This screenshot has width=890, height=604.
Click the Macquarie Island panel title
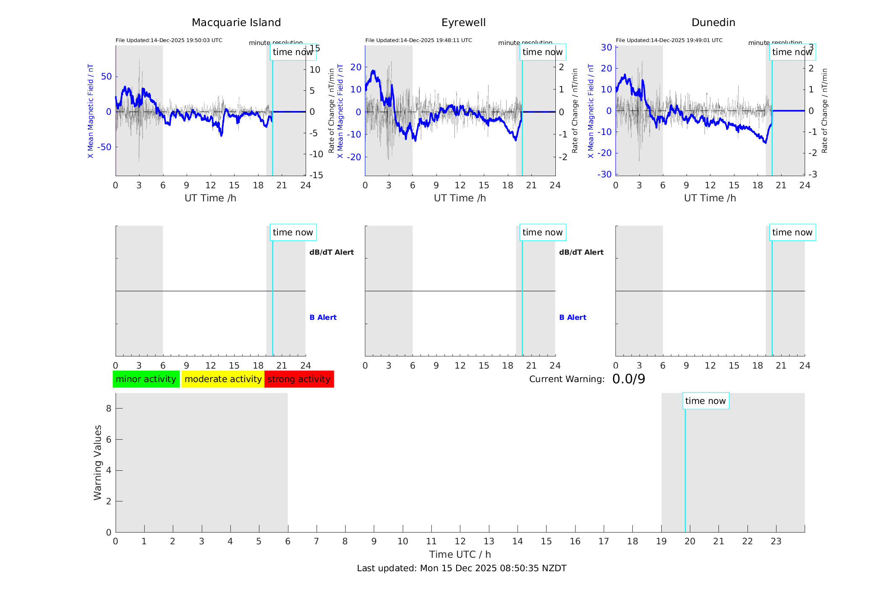coord(236,23)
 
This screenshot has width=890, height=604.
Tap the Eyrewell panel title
coord(463,23)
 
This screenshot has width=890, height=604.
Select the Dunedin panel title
coord(713,23)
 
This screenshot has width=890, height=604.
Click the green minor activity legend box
coord(146,379)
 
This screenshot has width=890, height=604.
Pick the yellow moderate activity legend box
coord(223,379)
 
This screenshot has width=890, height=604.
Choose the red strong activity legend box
coord(299,379)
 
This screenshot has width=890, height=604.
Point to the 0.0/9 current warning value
coord(629,379)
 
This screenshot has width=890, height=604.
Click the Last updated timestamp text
coord(462,568)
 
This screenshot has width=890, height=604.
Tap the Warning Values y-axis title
coord(98,462)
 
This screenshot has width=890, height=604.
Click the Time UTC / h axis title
coord(460,554)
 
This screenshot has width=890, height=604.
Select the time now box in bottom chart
coord(705,401)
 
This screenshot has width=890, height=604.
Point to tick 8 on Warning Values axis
coord(108,408)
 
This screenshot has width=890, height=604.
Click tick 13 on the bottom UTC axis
coord(489,541)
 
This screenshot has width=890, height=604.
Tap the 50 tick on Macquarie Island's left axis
coord(106,76)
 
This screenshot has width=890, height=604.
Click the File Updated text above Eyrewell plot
coord(418,40)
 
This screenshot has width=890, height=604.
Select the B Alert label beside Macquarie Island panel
coord(323,317)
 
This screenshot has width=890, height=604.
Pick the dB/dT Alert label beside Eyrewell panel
coord(581,252)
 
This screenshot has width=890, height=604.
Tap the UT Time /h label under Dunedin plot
coord(710,198)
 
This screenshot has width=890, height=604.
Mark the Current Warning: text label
coord(566,379)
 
